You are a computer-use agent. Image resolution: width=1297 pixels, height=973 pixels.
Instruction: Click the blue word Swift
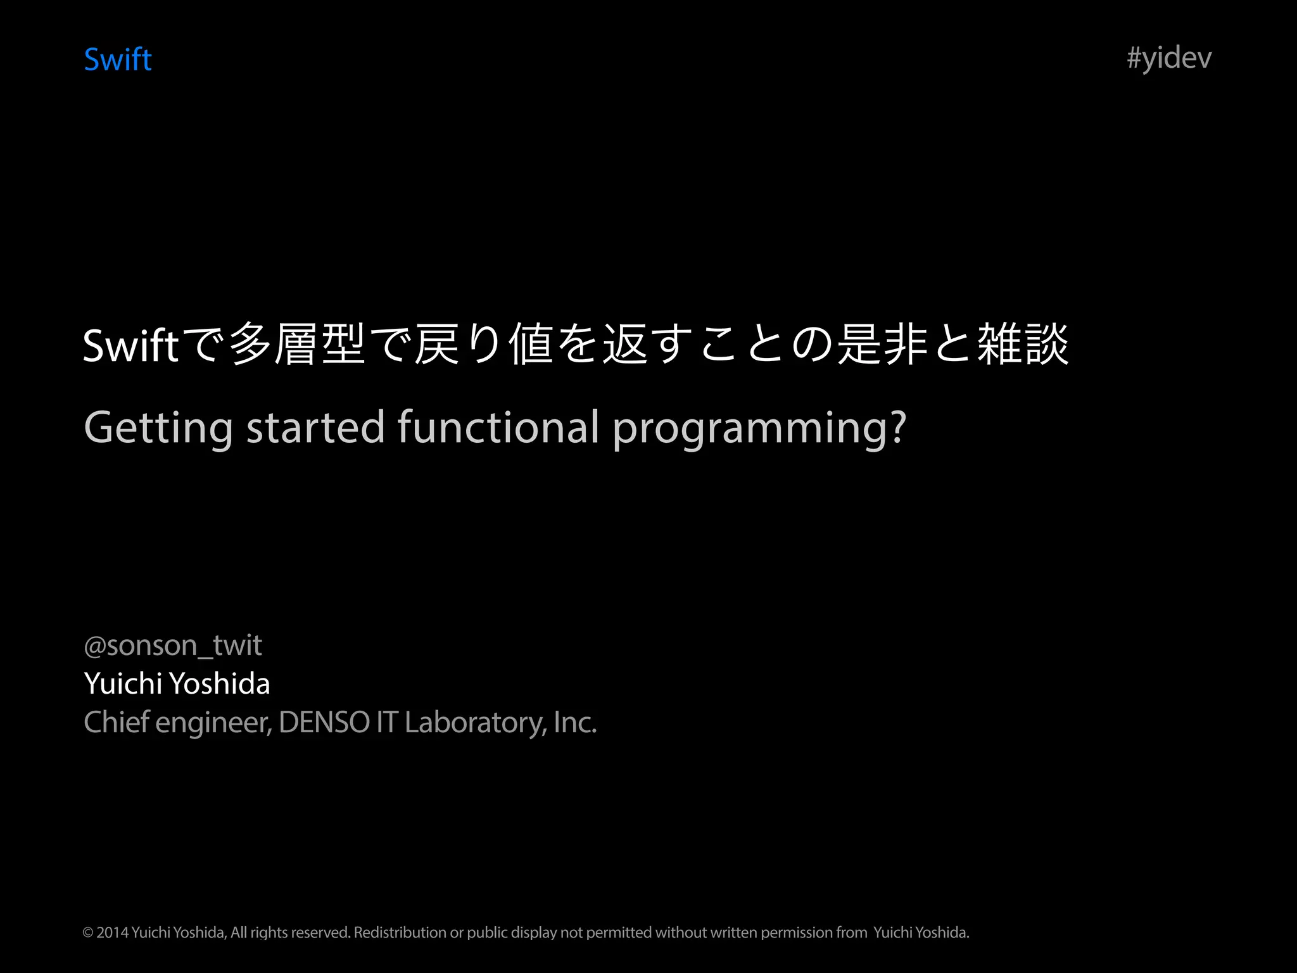[x=118, y=60]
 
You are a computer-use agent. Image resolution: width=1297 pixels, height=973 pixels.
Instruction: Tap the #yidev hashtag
[x=1169, y=58]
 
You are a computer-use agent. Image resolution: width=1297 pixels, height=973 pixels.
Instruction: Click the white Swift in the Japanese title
[x=130, y=346]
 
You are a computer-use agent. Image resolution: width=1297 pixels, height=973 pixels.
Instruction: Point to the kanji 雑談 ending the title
[x=1023, y=344]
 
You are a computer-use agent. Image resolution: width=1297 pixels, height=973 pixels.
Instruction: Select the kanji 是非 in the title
[x=883, y=344]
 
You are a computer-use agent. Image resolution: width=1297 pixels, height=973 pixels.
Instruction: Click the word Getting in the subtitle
[x=158, y=428]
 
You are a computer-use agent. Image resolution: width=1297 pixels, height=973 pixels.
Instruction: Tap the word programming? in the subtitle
[x=759, y=429]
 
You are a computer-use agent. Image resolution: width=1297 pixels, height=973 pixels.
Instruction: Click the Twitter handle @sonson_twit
[x=172, y=645]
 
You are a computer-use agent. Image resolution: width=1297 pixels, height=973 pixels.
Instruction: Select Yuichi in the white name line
[x=123, y=684]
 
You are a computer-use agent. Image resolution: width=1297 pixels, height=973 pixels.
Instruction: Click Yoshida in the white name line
[x=220, y=684]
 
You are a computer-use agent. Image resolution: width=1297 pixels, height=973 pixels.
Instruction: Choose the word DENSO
[x=324, y=722]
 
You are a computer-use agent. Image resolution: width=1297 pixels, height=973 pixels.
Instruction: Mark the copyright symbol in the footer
[x=88, y=932]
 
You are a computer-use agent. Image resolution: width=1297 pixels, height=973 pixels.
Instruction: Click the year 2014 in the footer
[x=113, y=932]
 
